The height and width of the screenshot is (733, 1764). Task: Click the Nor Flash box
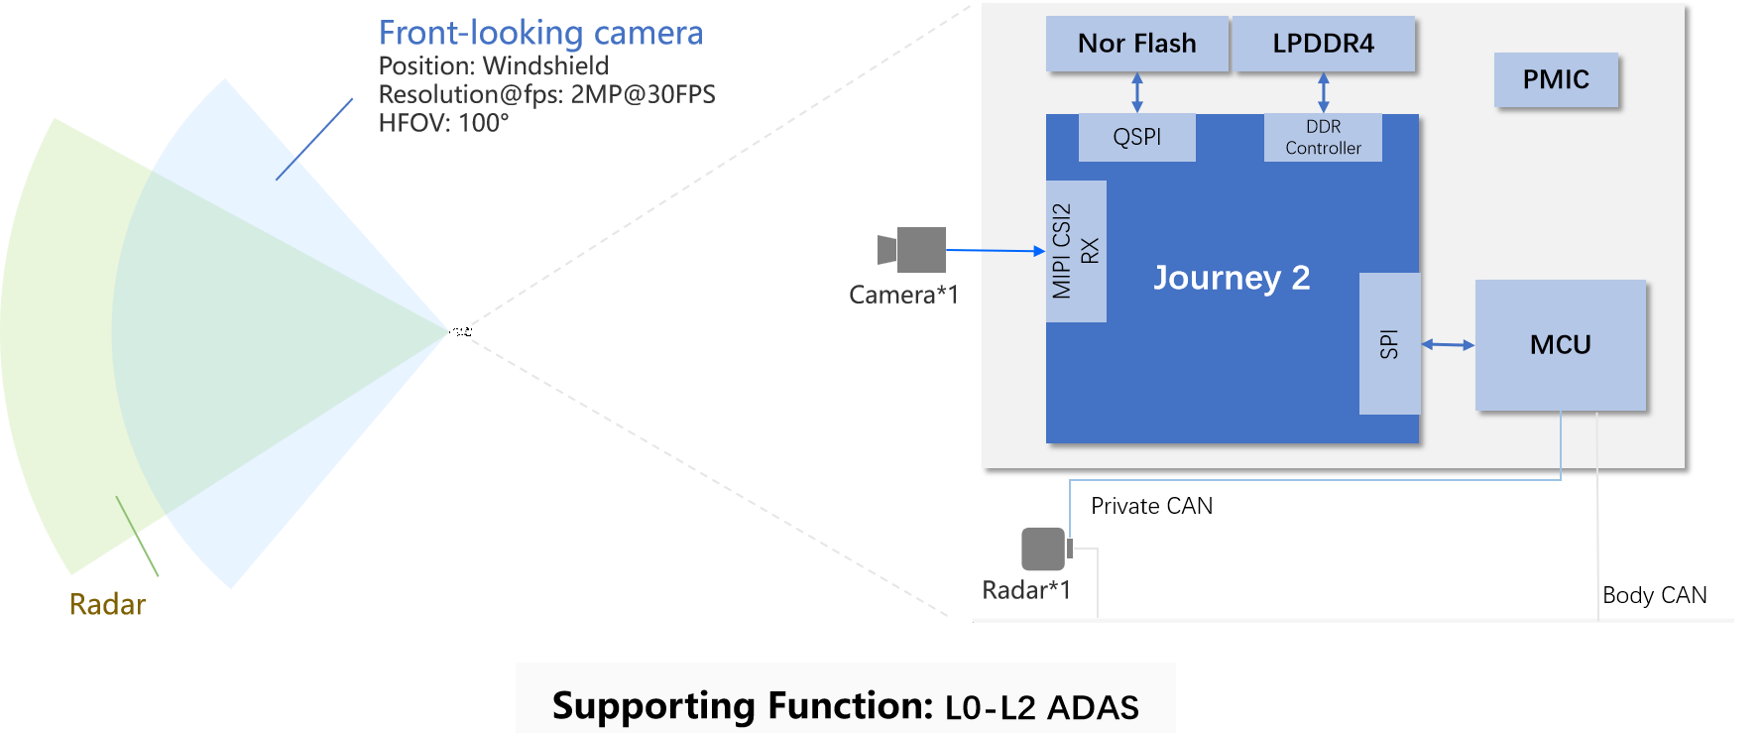(1137, 44)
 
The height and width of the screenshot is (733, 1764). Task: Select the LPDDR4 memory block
(1324, 44)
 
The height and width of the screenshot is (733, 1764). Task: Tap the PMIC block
(1556, 79)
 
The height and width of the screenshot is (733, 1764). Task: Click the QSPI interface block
(1136, 137)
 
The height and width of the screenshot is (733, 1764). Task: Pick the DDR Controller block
(1323, 137)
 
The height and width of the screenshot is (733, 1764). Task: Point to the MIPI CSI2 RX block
(1076, 251)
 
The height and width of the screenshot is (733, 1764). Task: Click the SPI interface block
(1389, 343)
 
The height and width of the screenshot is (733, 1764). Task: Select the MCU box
(1560, 344)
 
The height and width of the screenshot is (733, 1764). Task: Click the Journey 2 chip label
(1232, 278)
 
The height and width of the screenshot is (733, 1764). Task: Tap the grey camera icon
(913, 250)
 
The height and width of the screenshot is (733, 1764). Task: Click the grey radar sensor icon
(1045, 549)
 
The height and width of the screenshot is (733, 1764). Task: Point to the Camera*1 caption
(903, 295)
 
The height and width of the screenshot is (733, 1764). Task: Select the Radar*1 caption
(1026, 590)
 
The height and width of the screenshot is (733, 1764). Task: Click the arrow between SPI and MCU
(1448, 344)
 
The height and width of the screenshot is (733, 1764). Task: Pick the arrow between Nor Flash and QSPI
(1137, 92)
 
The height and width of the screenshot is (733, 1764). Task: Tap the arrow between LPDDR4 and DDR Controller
(1323, 92)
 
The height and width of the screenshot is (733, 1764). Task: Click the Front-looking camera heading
(540, 33)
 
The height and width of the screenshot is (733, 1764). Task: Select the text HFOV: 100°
(443, 123)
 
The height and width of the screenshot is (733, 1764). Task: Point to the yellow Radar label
(107, 604)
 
